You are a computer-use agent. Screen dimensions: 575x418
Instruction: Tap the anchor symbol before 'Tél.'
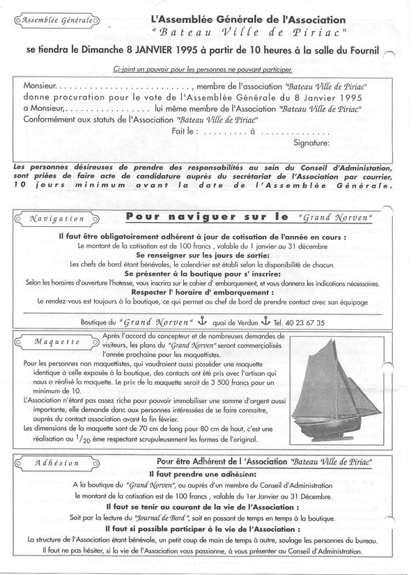pos(264,322)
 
